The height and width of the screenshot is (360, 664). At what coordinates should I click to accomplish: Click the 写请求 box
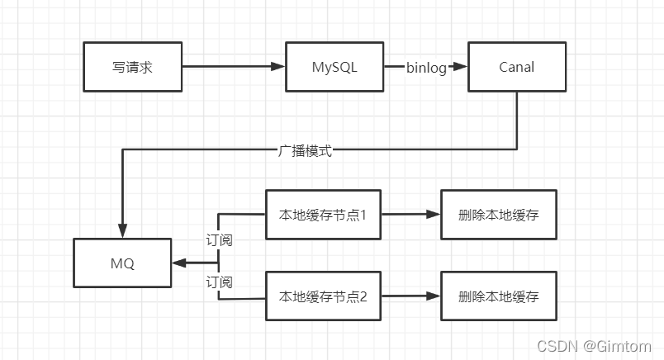[x=132, y=67]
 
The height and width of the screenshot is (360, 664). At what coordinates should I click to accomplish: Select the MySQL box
[x=334, y=67]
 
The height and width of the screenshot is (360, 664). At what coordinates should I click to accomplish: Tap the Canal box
[x=517, y=67]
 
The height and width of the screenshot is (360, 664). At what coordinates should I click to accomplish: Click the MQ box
[x=122, y=263]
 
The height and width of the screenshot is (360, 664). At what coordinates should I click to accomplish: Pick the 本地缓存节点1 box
[x=323, y=215]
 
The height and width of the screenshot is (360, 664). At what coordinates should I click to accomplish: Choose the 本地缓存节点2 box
[x=323, y=296]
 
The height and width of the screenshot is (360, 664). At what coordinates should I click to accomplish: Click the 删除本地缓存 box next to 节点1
[x=498, y=215]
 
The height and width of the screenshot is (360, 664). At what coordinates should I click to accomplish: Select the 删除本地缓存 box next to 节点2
[x=498, y=296]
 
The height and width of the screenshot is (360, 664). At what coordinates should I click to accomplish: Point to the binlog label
[x=426, y=68]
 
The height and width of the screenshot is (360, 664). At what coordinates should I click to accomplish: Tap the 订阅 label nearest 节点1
[x=219, y=240]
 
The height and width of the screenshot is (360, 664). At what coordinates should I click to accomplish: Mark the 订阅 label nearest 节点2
[x=219, y=282]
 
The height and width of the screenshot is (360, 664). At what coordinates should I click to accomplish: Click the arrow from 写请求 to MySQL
[x=233, y=67]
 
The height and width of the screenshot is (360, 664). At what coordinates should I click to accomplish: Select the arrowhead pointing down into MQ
[x=122, y=232]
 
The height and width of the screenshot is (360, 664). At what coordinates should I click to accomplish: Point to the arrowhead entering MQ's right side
[x=179, y=263]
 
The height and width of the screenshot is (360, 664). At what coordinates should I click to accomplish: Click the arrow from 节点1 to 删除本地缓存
[x=410, y=215]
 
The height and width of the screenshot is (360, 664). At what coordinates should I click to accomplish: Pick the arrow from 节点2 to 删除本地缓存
[x=410, y=296]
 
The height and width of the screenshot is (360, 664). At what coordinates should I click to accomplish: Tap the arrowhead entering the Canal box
[x=462, y=68]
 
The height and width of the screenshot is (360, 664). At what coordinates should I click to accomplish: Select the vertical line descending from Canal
[x=517, y=120]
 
